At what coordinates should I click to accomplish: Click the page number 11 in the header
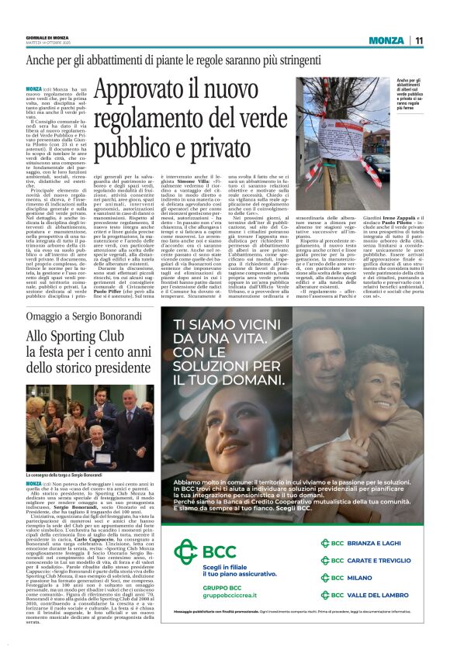[x=419, y=40]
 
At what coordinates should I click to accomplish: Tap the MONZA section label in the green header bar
[x=386, y=40]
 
